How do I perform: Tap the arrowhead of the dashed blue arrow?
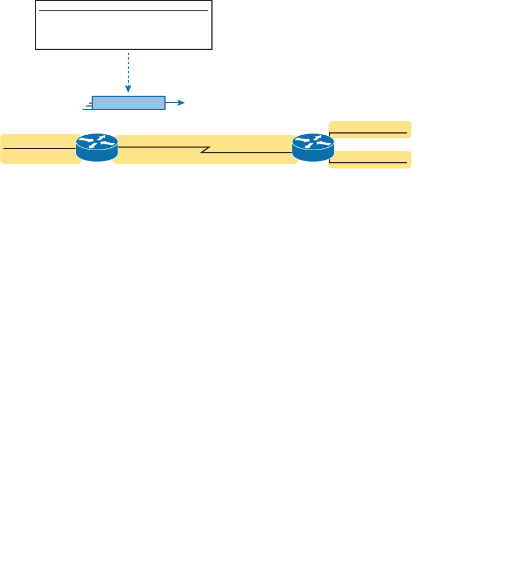(129, 89)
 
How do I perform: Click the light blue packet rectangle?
(128, 103)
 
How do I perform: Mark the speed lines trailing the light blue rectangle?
(87, 105)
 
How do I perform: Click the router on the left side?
(97, 148)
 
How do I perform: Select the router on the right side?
(312, 148)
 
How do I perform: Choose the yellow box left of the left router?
(39, 149)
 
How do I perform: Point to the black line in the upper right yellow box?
(370, 133)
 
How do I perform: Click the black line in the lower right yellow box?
(370, 163)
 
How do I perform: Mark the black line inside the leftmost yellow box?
(39, 147)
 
